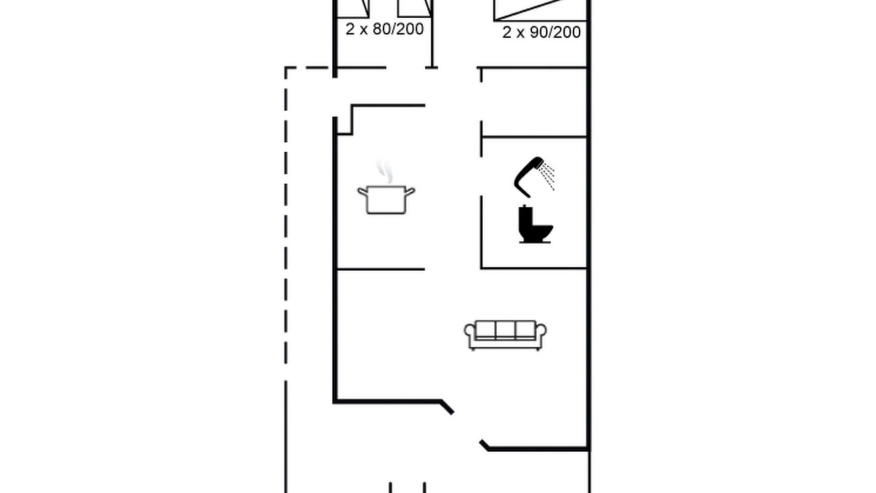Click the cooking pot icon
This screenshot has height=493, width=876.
pyautogui.click(x=386, y=199)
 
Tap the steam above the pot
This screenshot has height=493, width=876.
pyautogui.click(x=385, y=172)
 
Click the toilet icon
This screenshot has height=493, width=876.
pyautogui.click(x=534, y=224)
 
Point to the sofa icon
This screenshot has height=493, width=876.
pyautogui.click(x=505, y=336)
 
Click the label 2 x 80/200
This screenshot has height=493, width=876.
pyautogui.click(x=385, y=29)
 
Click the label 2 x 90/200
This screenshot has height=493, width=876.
pyautogui.click(x=541, y=32)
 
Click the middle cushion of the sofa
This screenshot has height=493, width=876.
pyautogui.click(x=505, y=329)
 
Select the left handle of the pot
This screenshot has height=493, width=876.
pyautogui.click(x=363, y=191)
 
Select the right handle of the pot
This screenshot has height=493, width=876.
pyautogui.click(x=409, y=191)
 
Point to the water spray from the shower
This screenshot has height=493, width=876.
pyautogui.click(x=547, y=176)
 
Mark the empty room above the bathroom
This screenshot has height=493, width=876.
pyautogui.click(x=534, y=103)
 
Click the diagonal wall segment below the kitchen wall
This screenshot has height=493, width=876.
pyautogui.click(x=448, y=407)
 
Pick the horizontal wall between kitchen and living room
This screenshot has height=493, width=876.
pyautogui.click(x=381, y=269)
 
